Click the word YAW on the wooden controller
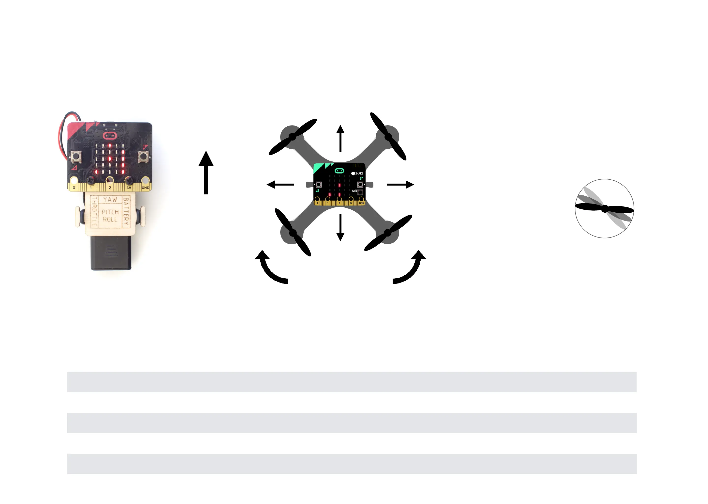click(110, 199)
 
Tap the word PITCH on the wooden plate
click(110, 212)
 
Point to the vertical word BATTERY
click(126, 211)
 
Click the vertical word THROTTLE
click(94, 211)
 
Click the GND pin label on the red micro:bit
click(145, 188)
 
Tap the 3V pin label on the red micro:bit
click(129, 188)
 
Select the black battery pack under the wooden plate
click(111, 253)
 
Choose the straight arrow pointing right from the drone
click(400, 185)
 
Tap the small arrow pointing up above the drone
click(340, 138)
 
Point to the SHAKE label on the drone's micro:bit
click(359, 173)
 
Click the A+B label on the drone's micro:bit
click(354, 191)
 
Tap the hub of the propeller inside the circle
click(605, 209)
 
